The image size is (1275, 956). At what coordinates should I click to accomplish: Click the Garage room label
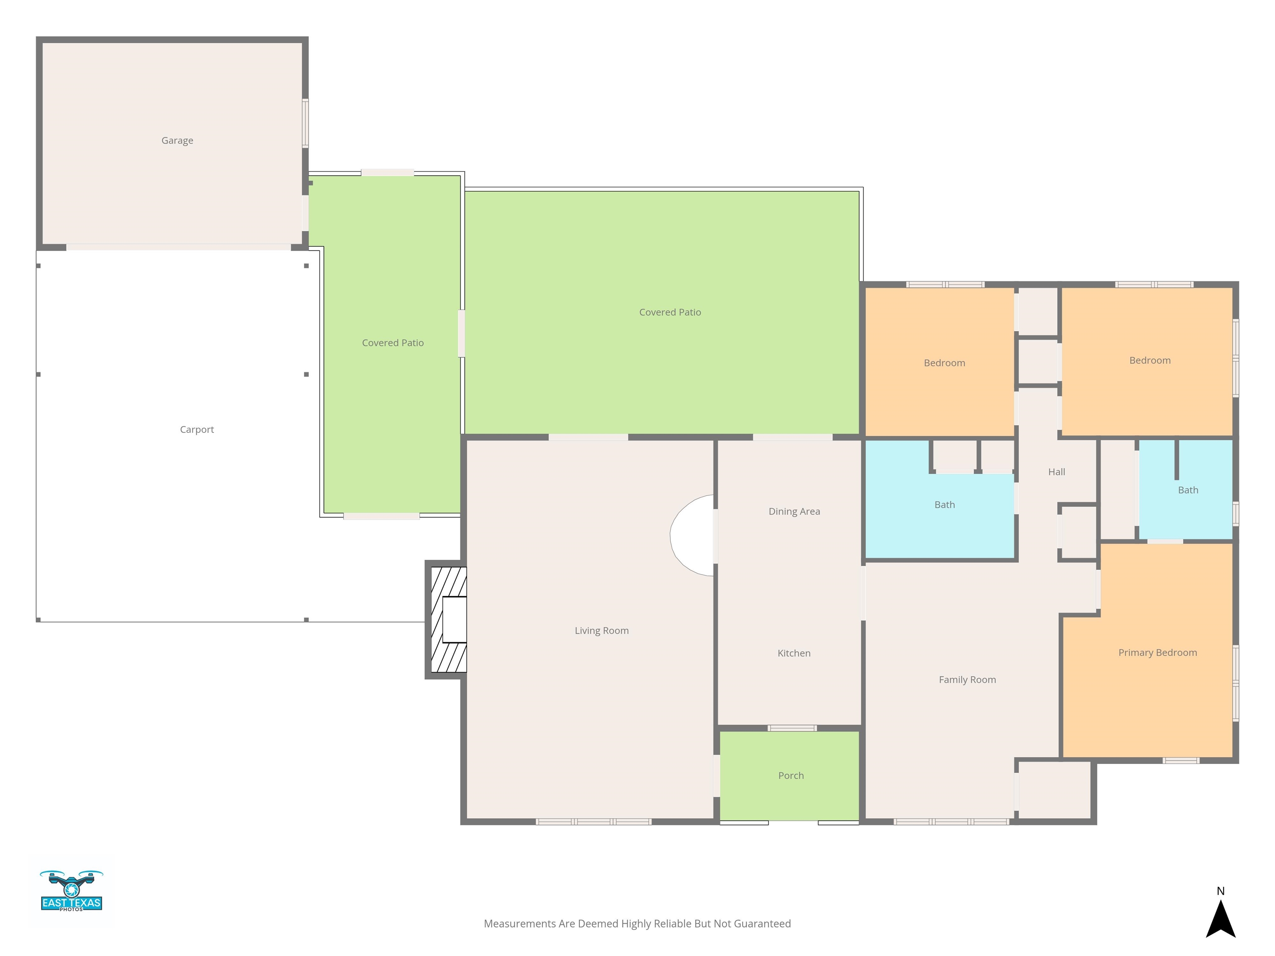(x=177, y=141)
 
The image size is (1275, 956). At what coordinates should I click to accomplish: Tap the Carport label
(x=197, y=430)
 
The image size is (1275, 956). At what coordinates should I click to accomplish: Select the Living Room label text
(x=601, y=630)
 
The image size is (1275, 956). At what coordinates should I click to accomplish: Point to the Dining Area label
(x=794, y=511)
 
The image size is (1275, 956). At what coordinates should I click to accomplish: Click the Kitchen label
(x=794, y=653)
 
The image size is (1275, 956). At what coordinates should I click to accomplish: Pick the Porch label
(x=791, y=776)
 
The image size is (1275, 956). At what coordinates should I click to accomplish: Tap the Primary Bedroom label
(x=1158, y=653)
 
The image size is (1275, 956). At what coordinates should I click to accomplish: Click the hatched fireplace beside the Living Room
(x=448, y=619)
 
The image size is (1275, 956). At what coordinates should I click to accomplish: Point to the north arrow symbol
(x=1220, y=919)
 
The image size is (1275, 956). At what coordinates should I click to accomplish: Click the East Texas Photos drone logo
(x=71, y=890)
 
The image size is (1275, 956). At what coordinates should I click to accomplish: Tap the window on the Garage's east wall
(x=305, y=123)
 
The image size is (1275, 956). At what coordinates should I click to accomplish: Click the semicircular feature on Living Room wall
(x=692, y=535)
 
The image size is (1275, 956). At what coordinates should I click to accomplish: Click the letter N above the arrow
(x=1220, y=891)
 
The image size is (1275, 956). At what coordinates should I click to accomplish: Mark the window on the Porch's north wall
(x=792, y=728)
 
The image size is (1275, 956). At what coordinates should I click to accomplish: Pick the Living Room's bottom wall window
(x=593, y=822)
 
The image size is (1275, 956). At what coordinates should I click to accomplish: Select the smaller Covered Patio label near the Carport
(x=393, y=343)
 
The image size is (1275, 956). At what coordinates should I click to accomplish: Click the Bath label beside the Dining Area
(x=944, y=505)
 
